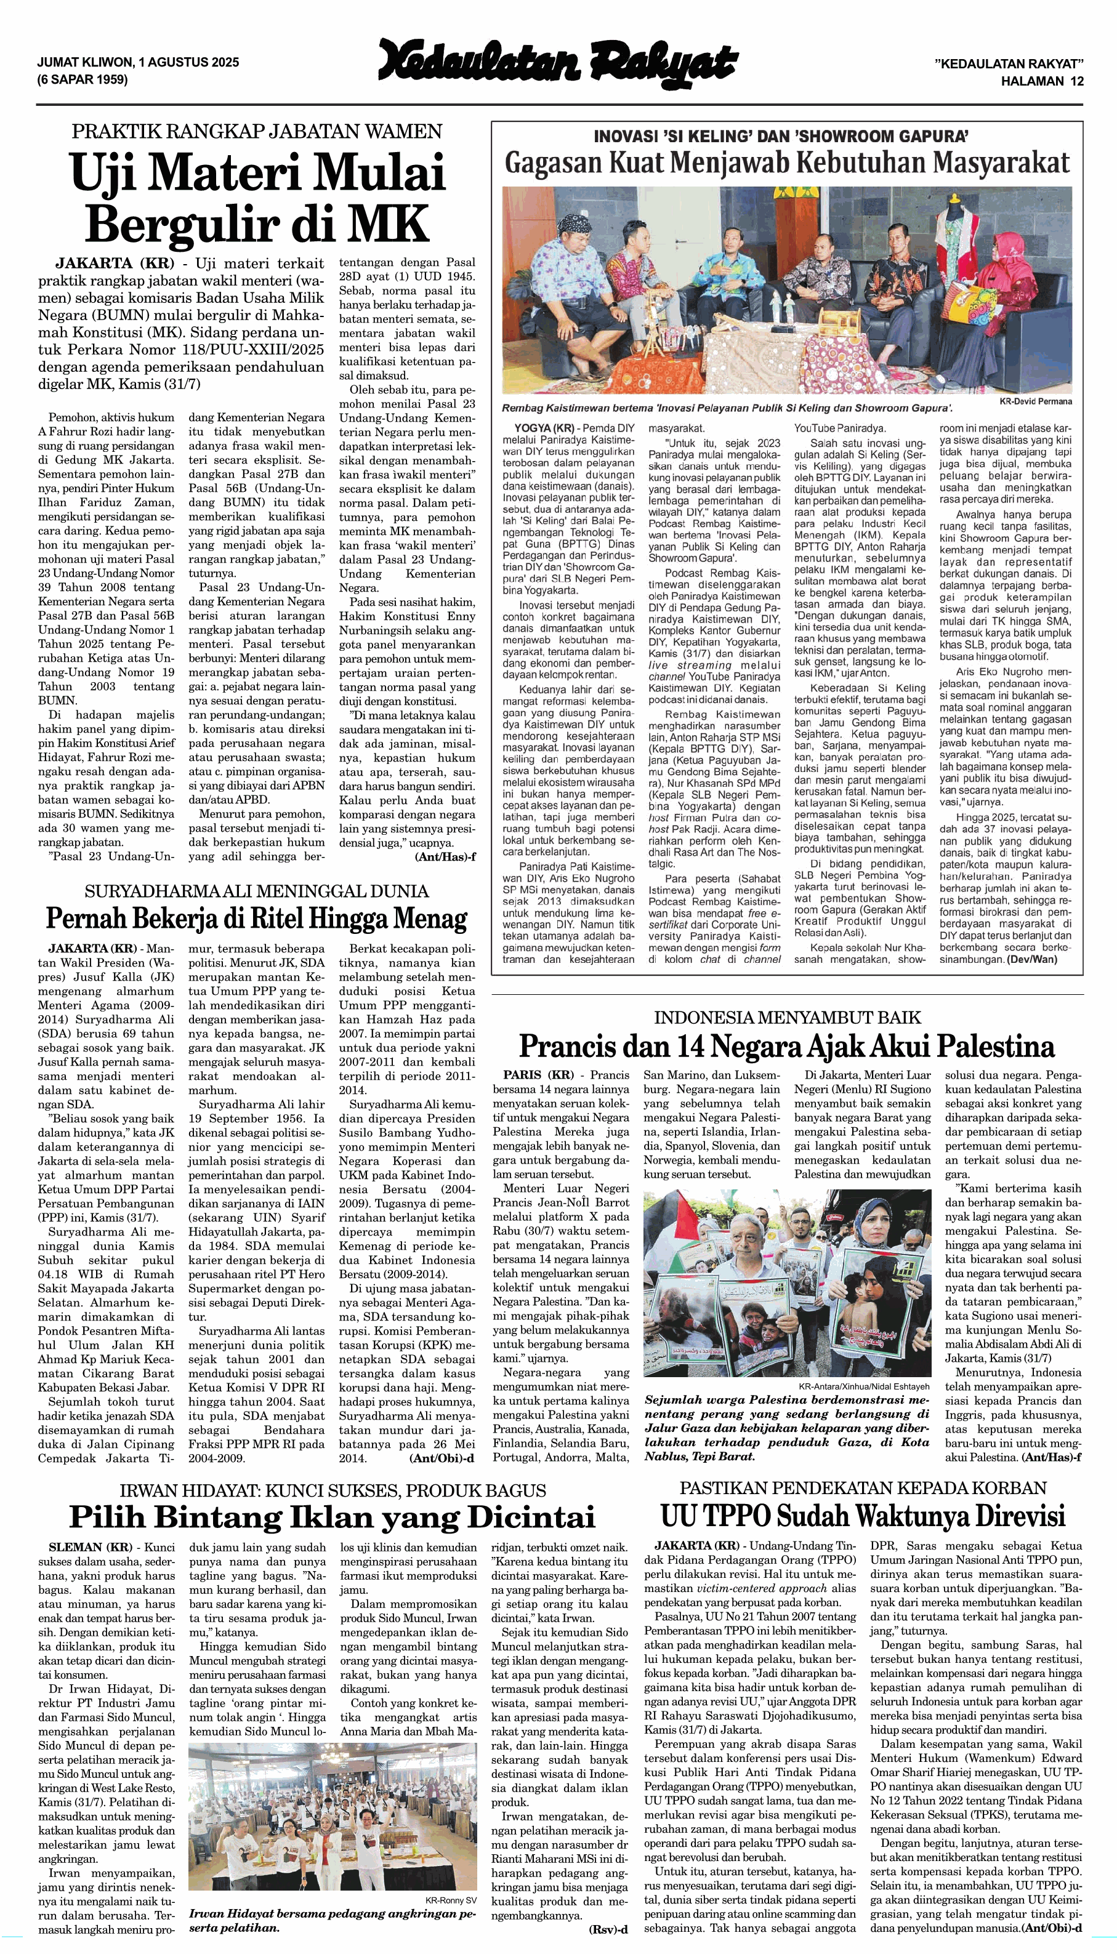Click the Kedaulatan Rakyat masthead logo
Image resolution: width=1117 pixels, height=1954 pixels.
pos(558,62)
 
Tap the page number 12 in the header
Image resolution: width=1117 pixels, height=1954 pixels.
pos(1077,81)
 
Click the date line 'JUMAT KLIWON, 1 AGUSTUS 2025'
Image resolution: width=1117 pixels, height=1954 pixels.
pos(138,62)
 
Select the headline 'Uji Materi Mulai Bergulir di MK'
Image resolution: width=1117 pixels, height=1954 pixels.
pos(257,196)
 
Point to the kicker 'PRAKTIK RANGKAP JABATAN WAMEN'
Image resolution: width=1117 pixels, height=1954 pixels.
pos(257,131)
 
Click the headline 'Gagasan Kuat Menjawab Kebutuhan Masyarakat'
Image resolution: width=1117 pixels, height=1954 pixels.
pos(786,163)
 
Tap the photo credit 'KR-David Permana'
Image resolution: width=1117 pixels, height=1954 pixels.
pos(1036,401)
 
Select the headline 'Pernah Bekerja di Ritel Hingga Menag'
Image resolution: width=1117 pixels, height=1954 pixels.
pos(256,918)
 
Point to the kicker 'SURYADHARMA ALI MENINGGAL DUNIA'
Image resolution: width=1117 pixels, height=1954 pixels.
pos(256,890)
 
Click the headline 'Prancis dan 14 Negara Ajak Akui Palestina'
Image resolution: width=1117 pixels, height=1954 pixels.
pos(786,1046)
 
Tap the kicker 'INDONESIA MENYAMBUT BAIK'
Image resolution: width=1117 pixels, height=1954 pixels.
pos(786,1018)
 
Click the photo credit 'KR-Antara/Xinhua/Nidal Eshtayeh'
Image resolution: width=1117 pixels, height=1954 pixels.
pos(864,1386)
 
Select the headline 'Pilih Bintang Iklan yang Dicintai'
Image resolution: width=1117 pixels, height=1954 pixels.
pos(332,1516)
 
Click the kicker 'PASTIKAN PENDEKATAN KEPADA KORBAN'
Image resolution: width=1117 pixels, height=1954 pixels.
pos(863,1488)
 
